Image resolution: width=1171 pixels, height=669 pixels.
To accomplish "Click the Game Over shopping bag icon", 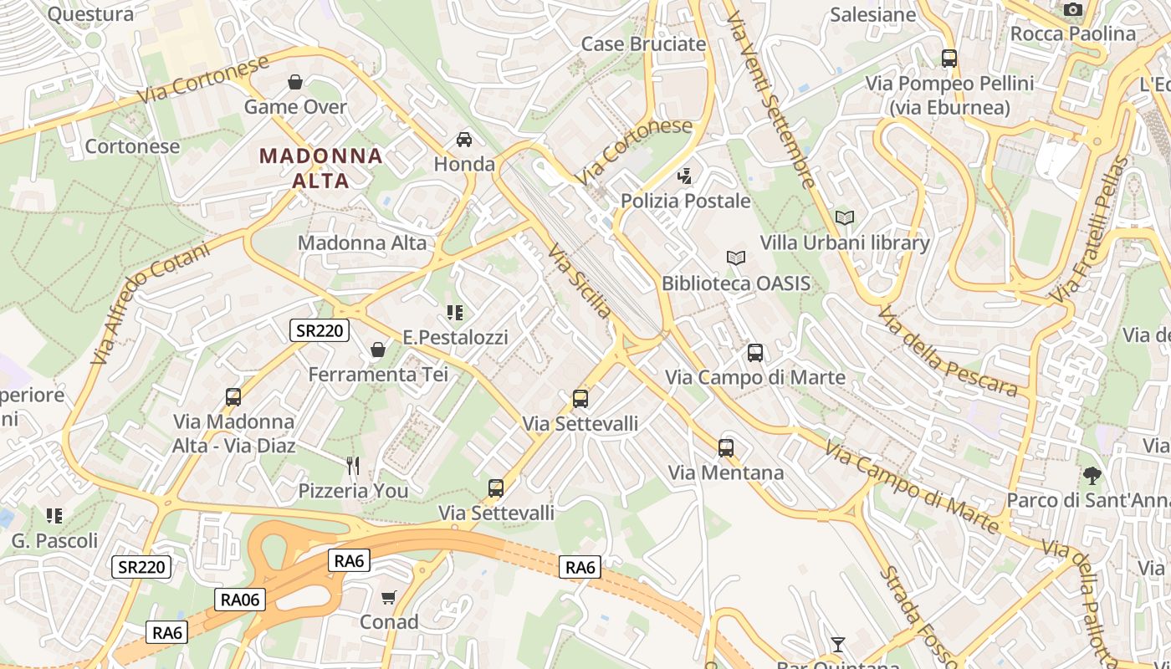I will [294, 82].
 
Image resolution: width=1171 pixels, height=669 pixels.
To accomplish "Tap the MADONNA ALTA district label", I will [321, 167].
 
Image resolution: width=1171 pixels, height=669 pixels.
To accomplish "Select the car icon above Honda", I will [464, 139].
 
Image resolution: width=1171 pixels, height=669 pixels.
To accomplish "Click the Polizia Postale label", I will [686, 201].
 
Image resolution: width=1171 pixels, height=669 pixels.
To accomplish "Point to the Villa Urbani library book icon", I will [845, 217].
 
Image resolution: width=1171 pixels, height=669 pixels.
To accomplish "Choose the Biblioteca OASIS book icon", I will [735, 258].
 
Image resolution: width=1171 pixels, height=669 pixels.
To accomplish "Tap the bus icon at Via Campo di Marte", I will [755, 353].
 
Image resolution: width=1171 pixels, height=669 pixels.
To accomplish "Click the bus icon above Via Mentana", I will [725, 447].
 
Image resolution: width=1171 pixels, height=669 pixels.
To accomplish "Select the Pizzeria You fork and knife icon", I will [353, 465].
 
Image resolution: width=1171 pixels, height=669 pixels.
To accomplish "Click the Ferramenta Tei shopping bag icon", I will [378, 349].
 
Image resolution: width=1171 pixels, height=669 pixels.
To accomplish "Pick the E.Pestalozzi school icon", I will [455, 313].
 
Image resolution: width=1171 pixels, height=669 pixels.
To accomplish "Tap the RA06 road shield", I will [239, 599].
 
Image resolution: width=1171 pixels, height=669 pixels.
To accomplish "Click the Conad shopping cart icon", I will [388, 597].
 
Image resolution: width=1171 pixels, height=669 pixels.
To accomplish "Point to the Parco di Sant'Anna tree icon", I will [1092, 476].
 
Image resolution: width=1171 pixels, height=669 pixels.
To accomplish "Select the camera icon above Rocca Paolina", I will [1072, 9].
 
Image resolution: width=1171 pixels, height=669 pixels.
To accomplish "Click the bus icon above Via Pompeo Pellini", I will [949, 59].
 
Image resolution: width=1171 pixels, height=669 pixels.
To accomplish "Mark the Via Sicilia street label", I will [579, 281].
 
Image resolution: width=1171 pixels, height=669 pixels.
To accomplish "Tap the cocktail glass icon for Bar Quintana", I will [837, 644].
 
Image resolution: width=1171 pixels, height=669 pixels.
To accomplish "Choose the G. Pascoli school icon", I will [54, 516].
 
